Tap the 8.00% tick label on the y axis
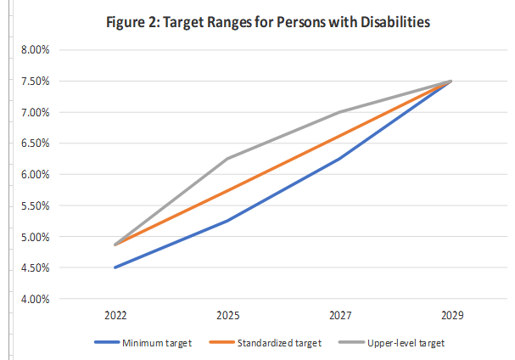(36, 50)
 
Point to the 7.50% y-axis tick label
(36, 82)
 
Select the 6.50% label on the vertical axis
(36, 143)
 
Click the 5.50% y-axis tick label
(36, 206)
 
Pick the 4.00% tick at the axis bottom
(36, 299)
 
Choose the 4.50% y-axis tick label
(36, 268)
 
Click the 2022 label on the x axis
(115, 315)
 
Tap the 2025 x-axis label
(227, 315)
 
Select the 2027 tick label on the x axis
(339, 315)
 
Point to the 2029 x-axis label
(451, 315)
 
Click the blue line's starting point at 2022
(115, 267)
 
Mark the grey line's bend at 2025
(227, 159)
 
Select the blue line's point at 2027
(339, 159)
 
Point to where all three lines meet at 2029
(451, 82)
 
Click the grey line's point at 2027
(339, 112)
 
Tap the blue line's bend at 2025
(227, 221)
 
